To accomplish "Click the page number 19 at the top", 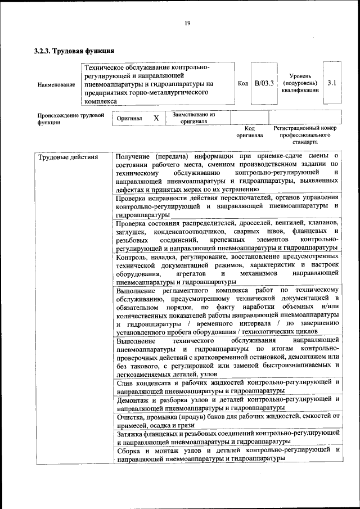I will click(187, 22).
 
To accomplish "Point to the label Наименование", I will click(56, 84).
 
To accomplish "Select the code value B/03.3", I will click(263, 83).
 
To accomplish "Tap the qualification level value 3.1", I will click(332, 83).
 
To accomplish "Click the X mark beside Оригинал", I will click(156, 119).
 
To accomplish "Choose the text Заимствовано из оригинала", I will click(193, 118).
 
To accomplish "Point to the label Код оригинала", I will click(249, 132).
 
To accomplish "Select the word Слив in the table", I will click(125, 382).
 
